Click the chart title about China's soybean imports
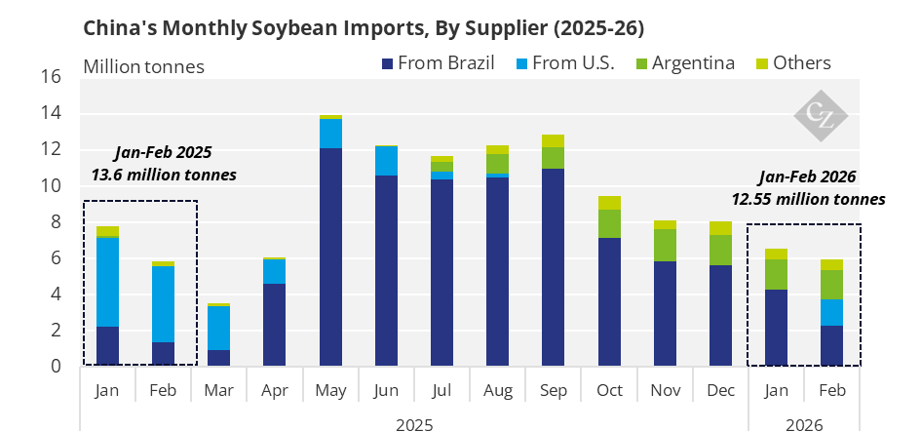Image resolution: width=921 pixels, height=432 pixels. pos(364,28)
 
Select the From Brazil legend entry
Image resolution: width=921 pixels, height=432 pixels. pos(439,62)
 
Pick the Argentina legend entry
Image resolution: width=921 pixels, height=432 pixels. pos(685,62)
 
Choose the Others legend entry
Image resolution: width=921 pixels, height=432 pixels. pos(793,62)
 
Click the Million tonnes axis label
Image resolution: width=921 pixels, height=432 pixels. pos(144,67)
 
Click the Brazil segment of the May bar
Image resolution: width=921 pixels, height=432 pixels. pos(330,256)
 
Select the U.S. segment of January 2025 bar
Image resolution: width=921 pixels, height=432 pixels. pos(107,282)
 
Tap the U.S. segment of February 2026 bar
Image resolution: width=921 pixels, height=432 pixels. pos(831,312)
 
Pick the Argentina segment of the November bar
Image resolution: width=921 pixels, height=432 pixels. pos(665,245)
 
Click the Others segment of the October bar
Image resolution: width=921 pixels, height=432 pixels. pos(609,203)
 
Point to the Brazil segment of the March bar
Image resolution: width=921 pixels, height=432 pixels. pos(219,358)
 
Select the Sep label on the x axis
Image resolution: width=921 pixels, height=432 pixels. pos(554,390)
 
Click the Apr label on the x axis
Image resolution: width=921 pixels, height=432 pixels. pos(274,391)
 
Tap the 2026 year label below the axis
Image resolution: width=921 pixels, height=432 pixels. pos(804,424)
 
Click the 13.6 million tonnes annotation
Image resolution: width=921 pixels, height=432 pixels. pos(164,176)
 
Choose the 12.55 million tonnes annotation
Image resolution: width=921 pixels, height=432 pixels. pos(808,199)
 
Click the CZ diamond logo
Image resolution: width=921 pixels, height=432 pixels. pos(821,116)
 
